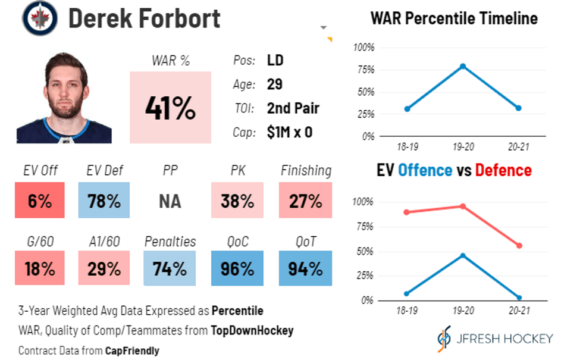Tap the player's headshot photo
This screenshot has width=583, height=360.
pyautogui.click(x=64, y=98)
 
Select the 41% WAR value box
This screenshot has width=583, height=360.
pyautogui.click(x=170, y=108)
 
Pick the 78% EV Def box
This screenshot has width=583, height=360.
pyautogui.click(x=104, y=201)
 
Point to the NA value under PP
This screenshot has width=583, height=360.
pyautogui.click(x=170, y=201)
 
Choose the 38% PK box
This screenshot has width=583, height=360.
pyautogui.click(x=237, y=201)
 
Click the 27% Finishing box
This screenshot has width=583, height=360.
pyautogui.click(x=305, y=201)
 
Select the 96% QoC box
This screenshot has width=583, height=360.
pyautogui.click(x=237, y=268)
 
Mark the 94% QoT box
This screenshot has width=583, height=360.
pyautogui.click(x=305, y=268)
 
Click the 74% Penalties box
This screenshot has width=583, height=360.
pyautogui.click(x=170, y=268)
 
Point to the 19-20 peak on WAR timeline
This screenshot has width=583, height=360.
pyautogui.click(x=463, y=66)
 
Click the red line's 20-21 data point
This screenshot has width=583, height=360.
pyautogui.click(x=519, y=246)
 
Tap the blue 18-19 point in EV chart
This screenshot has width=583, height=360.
pyautogui.click(x=407, y=294)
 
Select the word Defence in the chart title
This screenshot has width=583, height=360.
pyautogui.click(x=503, y=170)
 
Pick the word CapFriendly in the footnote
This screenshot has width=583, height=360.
pyautogui.click(x=132, y=350)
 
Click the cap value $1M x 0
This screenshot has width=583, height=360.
pyautogui.click(x=290, y=132)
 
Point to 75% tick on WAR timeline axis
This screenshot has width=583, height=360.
pyautogui.click(x=366, y=70)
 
